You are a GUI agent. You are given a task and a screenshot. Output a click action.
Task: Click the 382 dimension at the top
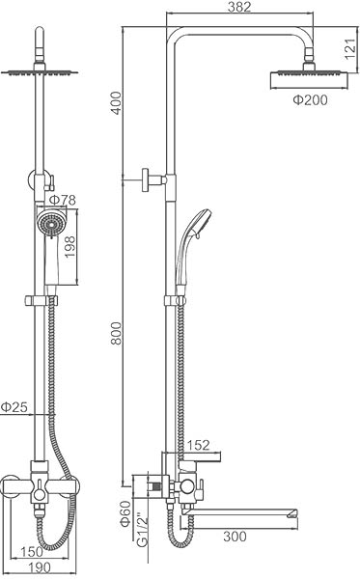pos(239,7)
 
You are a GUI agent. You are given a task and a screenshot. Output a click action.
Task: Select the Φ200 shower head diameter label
pos(310,99)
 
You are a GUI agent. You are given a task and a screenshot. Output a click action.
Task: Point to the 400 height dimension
pos(116,103)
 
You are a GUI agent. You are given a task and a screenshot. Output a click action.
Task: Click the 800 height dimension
pos(116,333)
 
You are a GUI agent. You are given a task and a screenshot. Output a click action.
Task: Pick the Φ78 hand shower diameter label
pos(62,200)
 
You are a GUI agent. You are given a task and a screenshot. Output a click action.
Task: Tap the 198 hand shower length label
pos(69,247)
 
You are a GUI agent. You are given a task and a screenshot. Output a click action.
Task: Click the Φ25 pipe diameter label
pos(14,407)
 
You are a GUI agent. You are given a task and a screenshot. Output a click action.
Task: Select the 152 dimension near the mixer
pos(199,445)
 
